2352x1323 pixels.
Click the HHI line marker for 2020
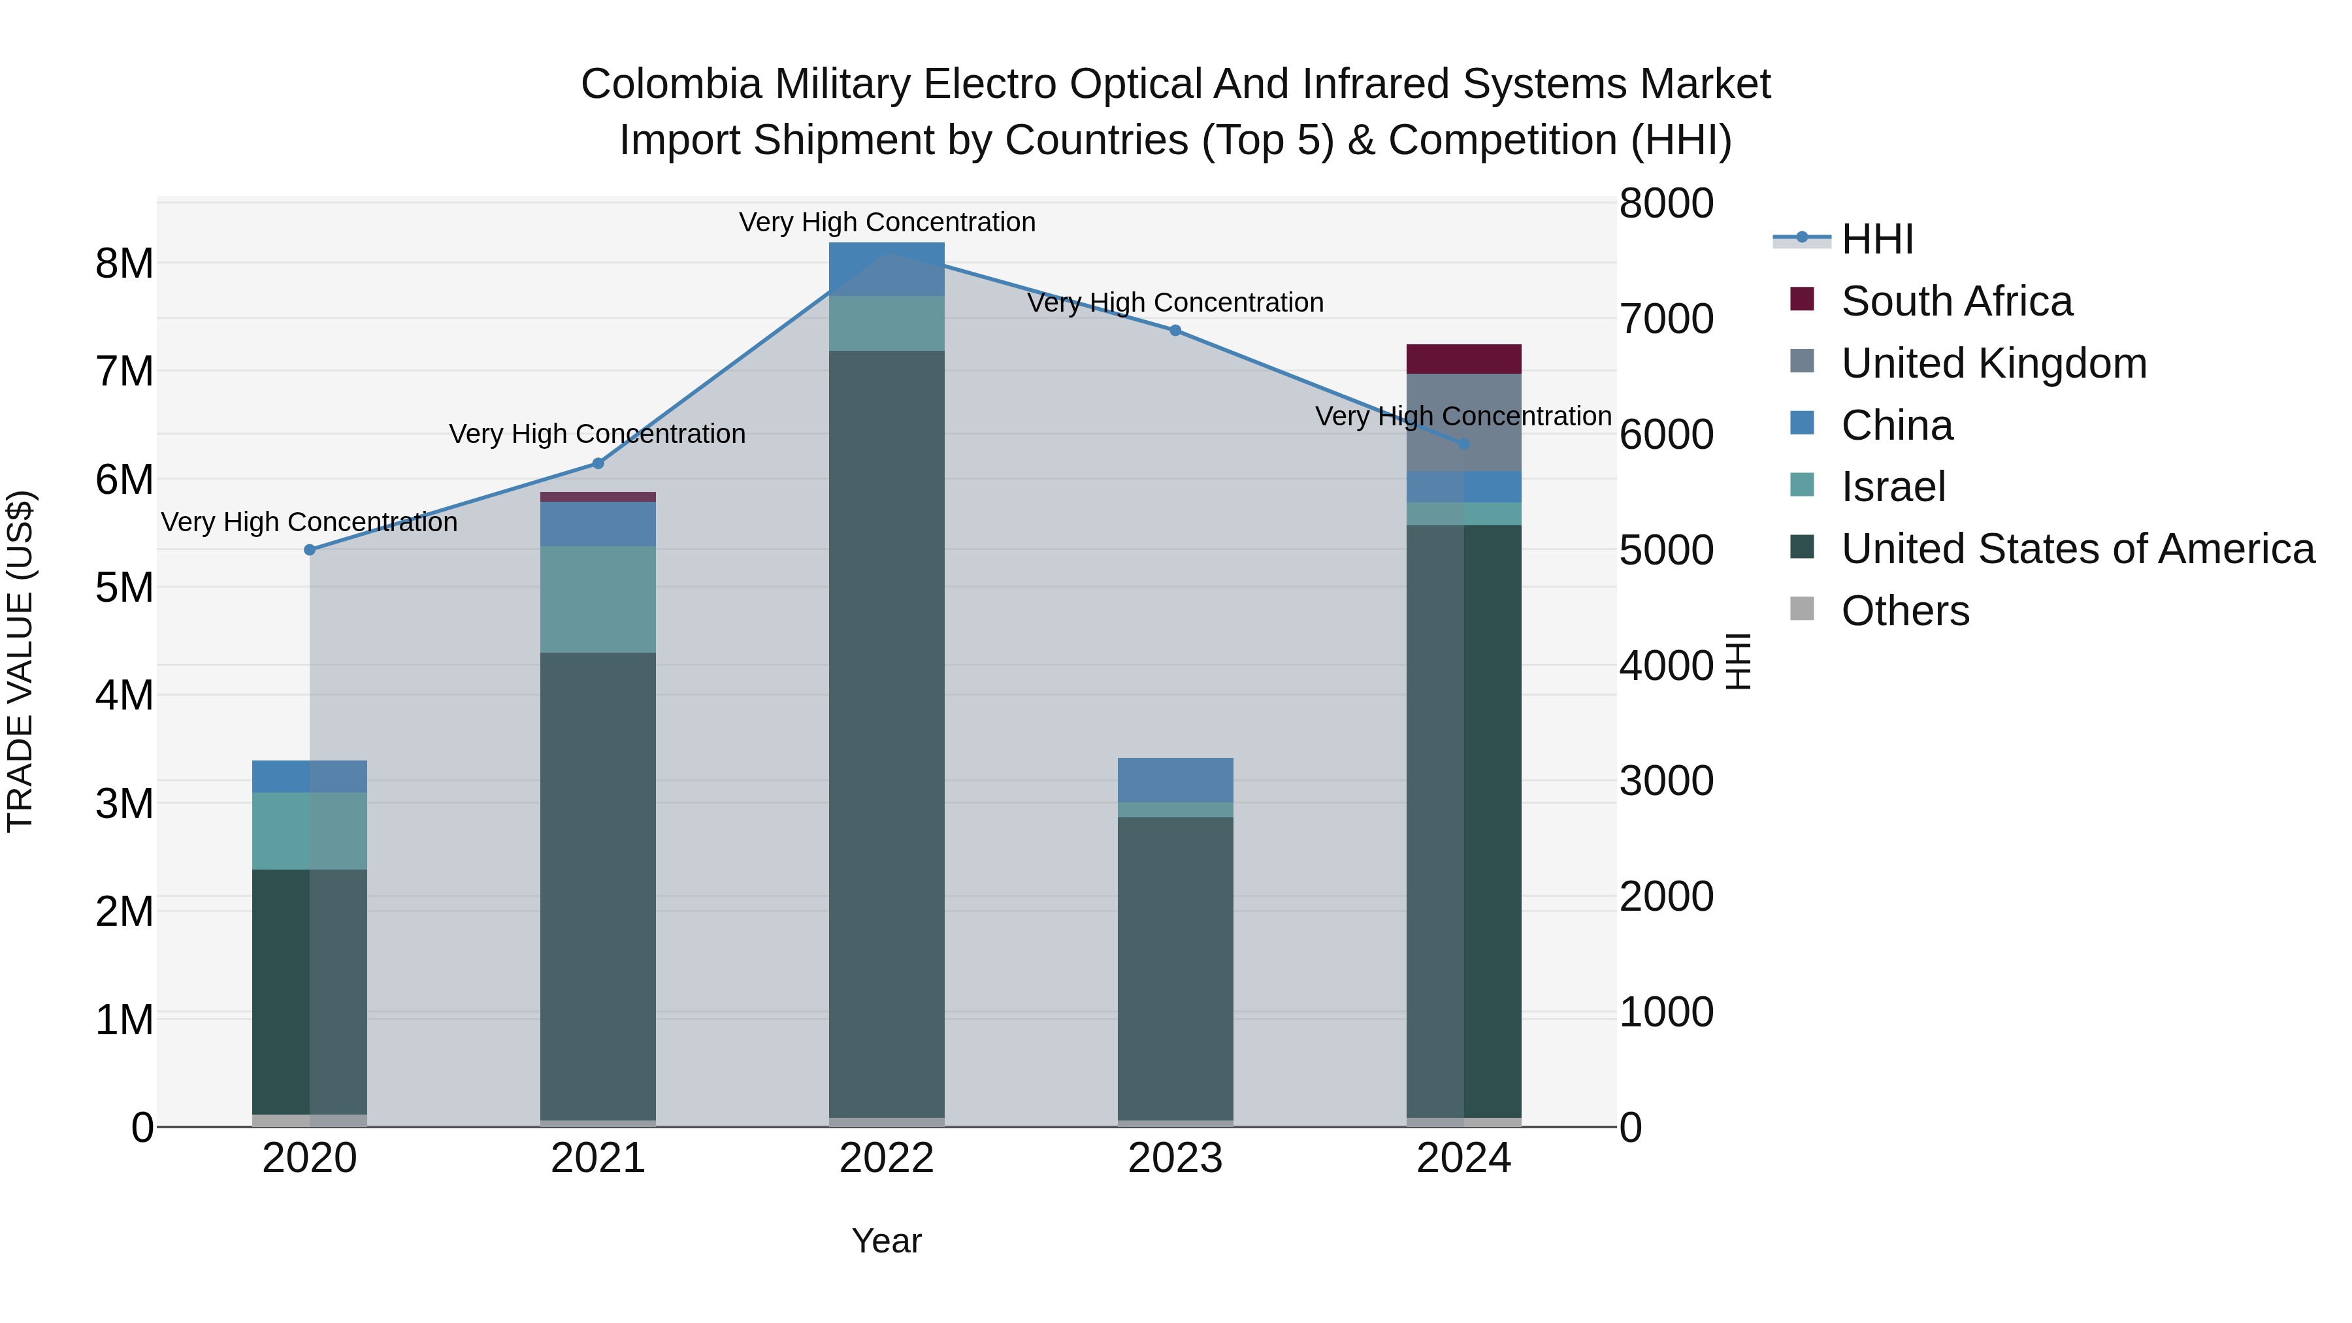click(x=310, y=549)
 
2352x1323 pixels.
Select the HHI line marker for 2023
click(x=1175, y=331)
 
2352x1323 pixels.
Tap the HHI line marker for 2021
click(x=598, y=463)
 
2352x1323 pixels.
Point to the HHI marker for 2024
click(x=1463, y=444)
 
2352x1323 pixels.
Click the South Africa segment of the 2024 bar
click(x=1463, y=359)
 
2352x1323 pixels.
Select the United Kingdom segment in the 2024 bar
click(x=1463, y=422)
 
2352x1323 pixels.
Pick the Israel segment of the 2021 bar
click(x=598, y=599)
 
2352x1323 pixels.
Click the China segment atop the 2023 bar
click(x=1175, y=779)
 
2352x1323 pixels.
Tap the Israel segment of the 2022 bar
click(x=887, y=323)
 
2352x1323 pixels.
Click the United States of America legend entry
click(x=2077, y=549)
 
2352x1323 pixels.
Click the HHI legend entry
click(x=1876, y=239)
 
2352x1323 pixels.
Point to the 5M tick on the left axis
click(x=124, y=587)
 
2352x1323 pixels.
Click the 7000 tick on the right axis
click(x=1666, y=319)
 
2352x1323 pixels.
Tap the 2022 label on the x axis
click(x=887, y=1158)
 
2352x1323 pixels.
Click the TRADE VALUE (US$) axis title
click(x=20, y=661)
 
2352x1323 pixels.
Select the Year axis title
click(x=887, y=1241)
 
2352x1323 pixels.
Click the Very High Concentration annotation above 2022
click(x=887, y=222)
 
